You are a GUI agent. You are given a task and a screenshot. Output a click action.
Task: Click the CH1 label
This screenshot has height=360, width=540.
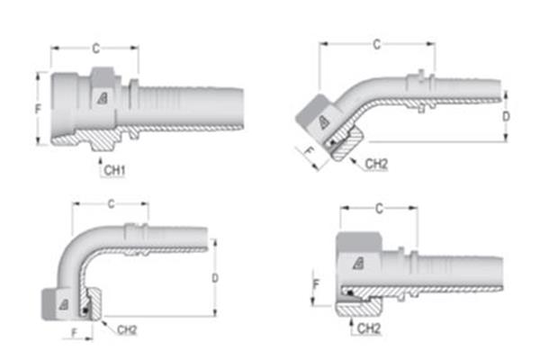point(113,169)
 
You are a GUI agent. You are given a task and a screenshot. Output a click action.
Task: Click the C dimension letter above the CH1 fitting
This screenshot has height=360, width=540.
point(95,47)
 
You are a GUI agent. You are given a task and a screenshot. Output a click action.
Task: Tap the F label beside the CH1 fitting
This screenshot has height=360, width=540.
point(37,108)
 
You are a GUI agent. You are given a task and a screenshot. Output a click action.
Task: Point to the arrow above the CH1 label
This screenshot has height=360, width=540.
point(100,155)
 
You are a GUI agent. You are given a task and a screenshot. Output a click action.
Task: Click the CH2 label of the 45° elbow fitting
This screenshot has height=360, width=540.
point(376,164)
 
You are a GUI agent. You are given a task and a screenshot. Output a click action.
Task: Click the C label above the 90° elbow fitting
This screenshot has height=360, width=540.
point(111,204)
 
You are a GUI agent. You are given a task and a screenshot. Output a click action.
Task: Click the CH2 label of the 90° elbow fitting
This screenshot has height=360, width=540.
point(128,329)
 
